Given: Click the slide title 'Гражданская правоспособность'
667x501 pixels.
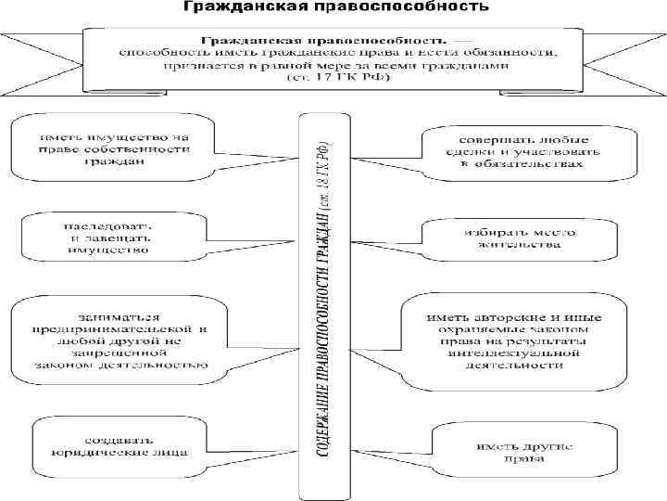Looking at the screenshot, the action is pos(333,9).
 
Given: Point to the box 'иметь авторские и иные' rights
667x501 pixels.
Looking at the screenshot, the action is pos(514,340).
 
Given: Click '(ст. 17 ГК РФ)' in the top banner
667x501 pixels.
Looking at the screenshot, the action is pos(337,78).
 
